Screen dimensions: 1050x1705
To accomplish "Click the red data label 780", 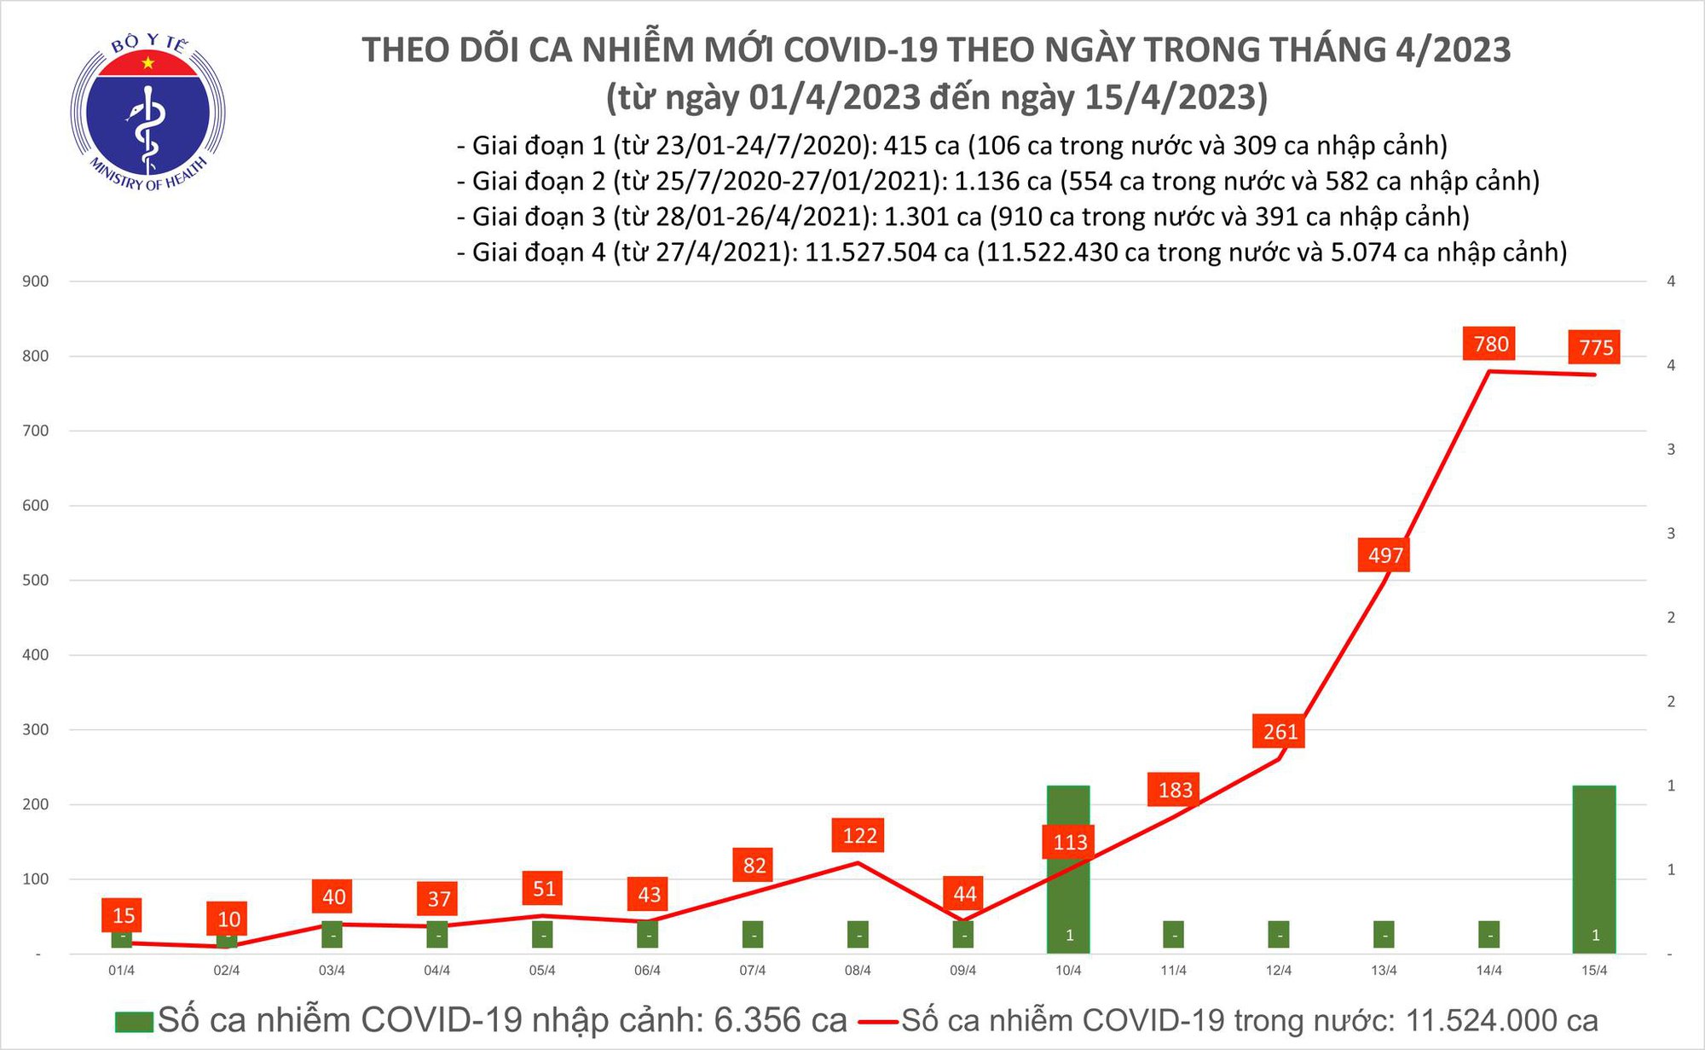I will [1490, 344].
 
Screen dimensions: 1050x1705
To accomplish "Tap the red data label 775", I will [1595, 347].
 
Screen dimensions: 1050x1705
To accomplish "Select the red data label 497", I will [1384, 555].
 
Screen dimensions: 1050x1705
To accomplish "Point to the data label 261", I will [1280, 731].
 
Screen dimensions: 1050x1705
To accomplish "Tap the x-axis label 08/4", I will [858, 971].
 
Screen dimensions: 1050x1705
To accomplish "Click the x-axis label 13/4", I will [1384, 971].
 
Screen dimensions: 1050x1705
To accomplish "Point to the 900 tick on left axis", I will [36, 281].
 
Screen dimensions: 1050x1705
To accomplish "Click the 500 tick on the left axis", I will [36, 580].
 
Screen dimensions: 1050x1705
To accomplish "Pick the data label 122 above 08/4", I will [859, 835].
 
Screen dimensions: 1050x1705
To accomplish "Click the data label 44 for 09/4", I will [964, 894].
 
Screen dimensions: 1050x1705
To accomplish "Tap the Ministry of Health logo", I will [147, 113].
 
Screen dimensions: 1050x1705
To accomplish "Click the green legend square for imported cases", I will [134, 1021].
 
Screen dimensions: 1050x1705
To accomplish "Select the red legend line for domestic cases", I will [878, 1021].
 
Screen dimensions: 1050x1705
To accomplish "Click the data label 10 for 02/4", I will [228, 919].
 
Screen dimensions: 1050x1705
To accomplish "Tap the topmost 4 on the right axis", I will [1671, 281].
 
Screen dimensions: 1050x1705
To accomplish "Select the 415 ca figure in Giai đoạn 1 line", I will [922, 146].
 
